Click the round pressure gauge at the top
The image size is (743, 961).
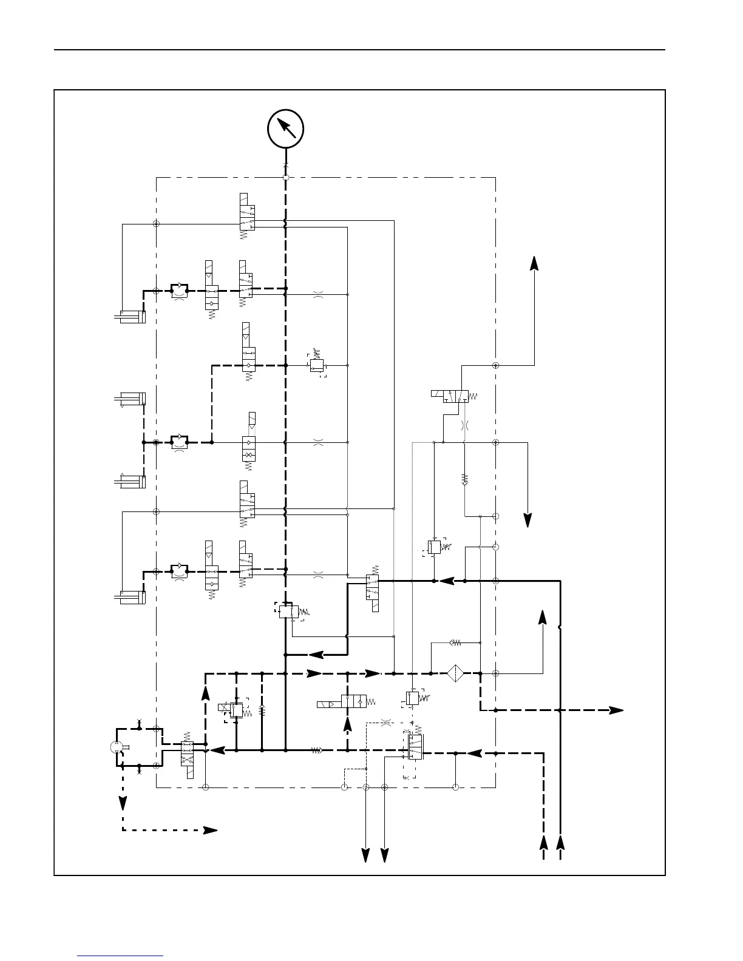(285, 129)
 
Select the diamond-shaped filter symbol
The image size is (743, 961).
(455, 673)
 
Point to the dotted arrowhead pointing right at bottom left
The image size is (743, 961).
(210, 831)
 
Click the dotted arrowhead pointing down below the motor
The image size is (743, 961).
(123, 803)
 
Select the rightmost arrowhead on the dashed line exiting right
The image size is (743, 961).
(616, 710)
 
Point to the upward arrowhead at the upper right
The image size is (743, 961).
(534, 263)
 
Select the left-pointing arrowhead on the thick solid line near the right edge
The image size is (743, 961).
(447, 581)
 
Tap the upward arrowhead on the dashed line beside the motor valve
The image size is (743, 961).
(206, 695)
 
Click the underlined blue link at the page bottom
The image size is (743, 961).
(120, 956)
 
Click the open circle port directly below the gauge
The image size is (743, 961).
(285, 177)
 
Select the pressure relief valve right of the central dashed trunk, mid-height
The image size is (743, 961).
(316, 365)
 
